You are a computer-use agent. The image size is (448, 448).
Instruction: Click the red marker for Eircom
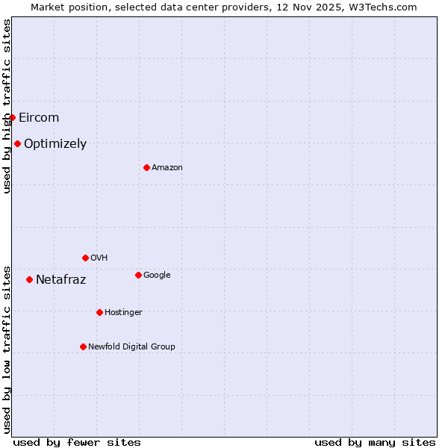click(x=12, y=117)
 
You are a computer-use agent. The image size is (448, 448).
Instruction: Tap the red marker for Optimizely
click(x=17, y=143)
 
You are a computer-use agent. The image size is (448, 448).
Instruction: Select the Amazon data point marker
click(x=146, y=167)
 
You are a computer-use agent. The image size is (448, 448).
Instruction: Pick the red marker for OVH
click(x=85, y=258)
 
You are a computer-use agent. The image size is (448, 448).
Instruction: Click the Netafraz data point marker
click(x=29, y=279)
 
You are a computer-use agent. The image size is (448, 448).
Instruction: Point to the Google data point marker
click(x=138, y=275)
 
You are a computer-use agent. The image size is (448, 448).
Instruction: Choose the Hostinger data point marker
click(x=99, y=312)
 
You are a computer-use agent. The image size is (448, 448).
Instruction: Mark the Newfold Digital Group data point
click(x=83, y=346)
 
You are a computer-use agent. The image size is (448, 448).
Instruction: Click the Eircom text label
click(x=39, y=117)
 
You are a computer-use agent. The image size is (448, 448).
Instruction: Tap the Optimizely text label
click(x=55, y=143)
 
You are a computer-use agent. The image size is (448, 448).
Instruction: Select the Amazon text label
click(x=167, y=167)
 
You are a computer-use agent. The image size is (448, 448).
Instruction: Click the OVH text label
click(x=99, y=258)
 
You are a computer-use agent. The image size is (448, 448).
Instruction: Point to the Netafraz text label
click(x=60, y=279)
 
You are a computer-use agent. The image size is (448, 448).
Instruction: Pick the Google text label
click(x=157, y=275)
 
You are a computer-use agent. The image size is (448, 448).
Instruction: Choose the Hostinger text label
click(x=123, y=312)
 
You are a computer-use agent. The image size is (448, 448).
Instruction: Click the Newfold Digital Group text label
click(x=131, y=346)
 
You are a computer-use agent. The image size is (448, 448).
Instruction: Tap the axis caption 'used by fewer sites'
click(x=77, y=442)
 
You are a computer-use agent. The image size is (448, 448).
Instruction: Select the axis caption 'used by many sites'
click(x=375, y=442)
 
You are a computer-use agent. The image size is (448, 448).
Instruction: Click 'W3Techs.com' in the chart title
click(x=384, y=7)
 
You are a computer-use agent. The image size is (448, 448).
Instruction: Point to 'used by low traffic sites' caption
click(x=7, y=349)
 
